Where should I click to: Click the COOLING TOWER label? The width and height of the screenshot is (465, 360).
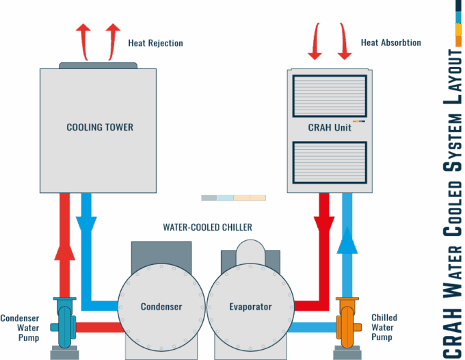(x=100, y=127)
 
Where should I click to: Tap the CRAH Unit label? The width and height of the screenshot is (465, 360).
(x=330, y=127)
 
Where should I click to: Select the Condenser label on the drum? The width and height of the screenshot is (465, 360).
(x=161, y=307)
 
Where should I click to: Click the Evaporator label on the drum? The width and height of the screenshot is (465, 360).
(x=250, y=307)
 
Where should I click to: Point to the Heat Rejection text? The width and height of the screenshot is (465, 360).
(x=155, y=43)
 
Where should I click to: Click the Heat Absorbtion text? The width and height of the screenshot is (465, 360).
(x=391, y=42)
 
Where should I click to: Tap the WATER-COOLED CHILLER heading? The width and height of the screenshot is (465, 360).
(x=207, y=227)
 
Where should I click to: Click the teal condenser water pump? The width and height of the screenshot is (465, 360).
(x=65, y=322)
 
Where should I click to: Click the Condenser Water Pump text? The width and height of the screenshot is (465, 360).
(x=20, y=328)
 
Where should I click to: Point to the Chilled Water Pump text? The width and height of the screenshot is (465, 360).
(x=384, y=328)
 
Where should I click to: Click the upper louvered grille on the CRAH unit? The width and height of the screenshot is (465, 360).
(x=330, y=95)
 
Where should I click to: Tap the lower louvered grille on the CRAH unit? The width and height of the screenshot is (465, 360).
(x=330, y=162)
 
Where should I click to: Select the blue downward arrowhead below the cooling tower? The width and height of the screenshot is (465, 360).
(x=86, y=223)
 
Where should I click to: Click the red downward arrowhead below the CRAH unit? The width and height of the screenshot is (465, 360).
(x=323, y=224)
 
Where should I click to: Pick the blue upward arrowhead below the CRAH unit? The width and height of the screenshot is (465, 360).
(x=347, y=240)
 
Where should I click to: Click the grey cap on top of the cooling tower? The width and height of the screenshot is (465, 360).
(x=98, y=66)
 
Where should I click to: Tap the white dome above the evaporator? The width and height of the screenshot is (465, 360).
(x=250, y=250)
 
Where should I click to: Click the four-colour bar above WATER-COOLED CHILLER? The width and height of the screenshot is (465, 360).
(x=233, y=198)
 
